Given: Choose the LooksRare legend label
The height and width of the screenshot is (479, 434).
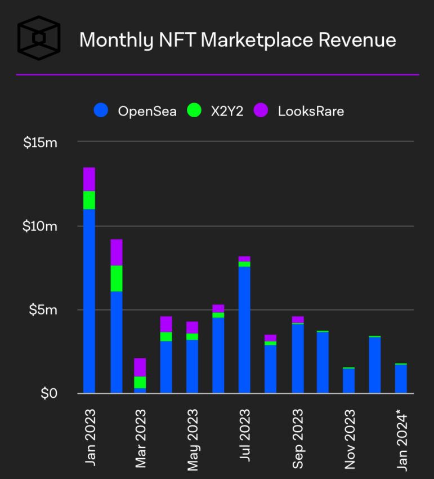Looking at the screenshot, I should point(311,111).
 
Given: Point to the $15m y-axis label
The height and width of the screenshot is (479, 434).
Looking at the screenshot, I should point(41,143).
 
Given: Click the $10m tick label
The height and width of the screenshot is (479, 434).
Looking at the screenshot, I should point(41,227).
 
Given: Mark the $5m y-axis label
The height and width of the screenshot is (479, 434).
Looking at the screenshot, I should point(43,310).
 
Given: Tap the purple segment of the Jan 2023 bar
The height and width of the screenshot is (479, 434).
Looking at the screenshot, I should point(89,179).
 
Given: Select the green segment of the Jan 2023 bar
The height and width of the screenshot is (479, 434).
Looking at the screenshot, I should point(89,200).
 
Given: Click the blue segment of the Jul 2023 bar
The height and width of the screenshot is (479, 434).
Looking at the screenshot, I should point(244,330).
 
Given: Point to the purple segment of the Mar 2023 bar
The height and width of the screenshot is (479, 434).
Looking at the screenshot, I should point(140,367).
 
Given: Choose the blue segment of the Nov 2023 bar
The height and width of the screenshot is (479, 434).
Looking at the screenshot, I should point(349,381).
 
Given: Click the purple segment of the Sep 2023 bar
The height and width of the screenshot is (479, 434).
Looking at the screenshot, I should point(298,320).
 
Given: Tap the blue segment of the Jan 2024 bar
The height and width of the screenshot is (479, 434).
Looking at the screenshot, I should point(401,379).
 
